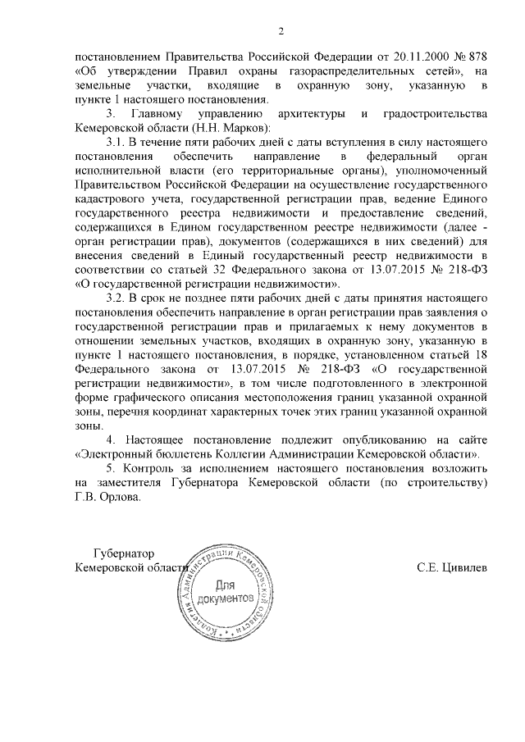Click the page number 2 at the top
click(280, 32)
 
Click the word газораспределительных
click(326, 71)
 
